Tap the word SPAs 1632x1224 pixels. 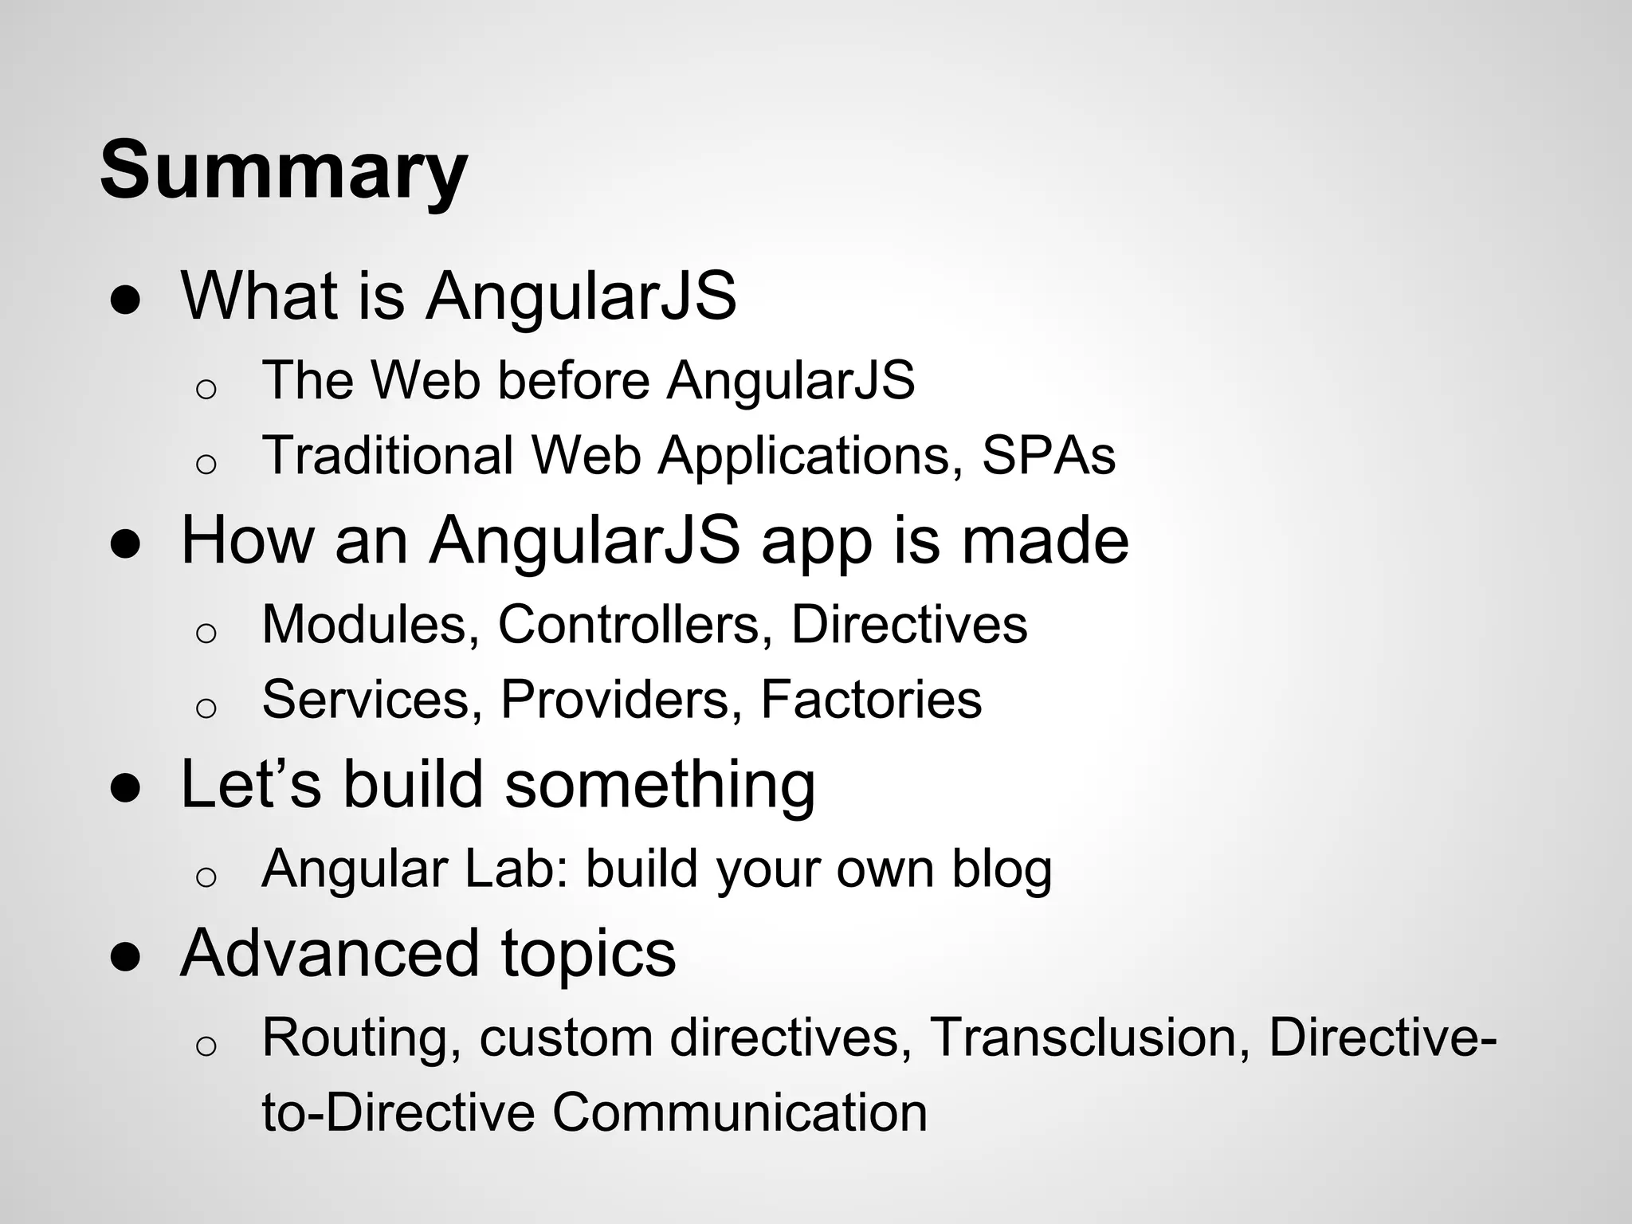point(1048,456)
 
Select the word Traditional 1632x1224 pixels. point(387,456)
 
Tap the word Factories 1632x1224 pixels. point(871,700)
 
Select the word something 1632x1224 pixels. point(660,784)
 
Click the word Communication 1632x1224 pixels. point(739,1112)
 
